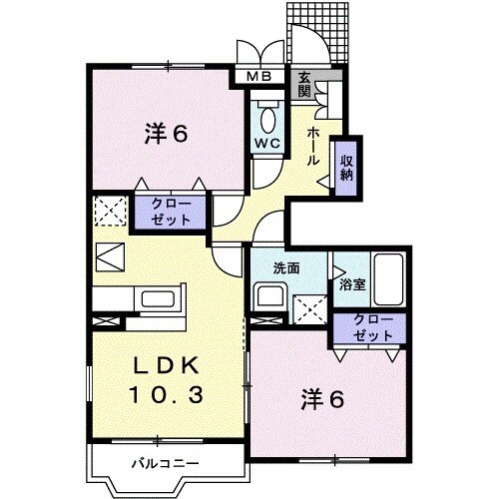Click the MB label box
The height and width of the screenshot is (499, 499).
click(x=258, y=76)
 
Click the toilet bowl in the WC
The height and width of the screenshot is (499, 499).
click(x=267, y=118)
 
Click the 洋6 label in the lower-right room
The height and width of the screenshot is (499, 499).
click(x=322, y=400)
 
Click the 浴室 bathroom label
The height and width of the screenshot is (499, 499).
click(x=351, y=284)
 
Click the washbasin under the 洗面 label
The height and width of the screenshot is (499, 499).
click(x=267, y=297)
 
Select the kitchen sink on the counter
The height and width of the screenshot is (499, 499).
click(x=158, y=299)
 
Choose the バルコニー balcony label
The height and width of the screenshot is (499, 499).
click(x=167, y=462)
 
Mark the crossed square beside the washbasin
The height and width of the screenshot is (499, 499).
click(x=310, y=310)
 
